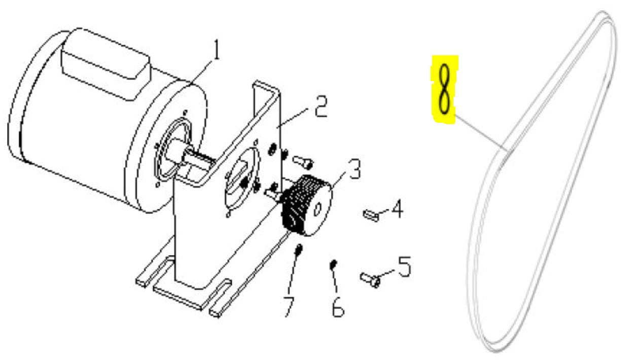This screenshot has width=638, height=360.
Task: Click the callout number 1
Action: (x=217, y=50)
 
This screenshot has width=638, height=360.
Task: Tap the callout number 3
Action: (x=355, y=169)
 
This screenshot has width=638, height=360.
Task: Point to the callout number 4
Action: (x=397, y=208)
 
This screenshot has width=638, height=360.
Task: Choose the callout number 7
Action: (x=290, y=306)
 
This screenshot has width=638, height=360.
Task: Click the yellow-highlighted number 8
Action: (x=445, y=89)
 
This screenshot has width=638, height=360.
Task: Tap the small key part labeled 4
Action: (x=371, y=215)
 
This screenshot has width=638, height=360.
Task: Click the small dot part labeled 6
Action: (x=333, y=264)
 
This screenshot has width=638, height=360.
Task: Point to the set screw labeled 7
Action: (x=299, y=250)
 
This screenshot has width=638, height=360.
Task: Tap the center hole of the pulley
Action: (x=317, y=209)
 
